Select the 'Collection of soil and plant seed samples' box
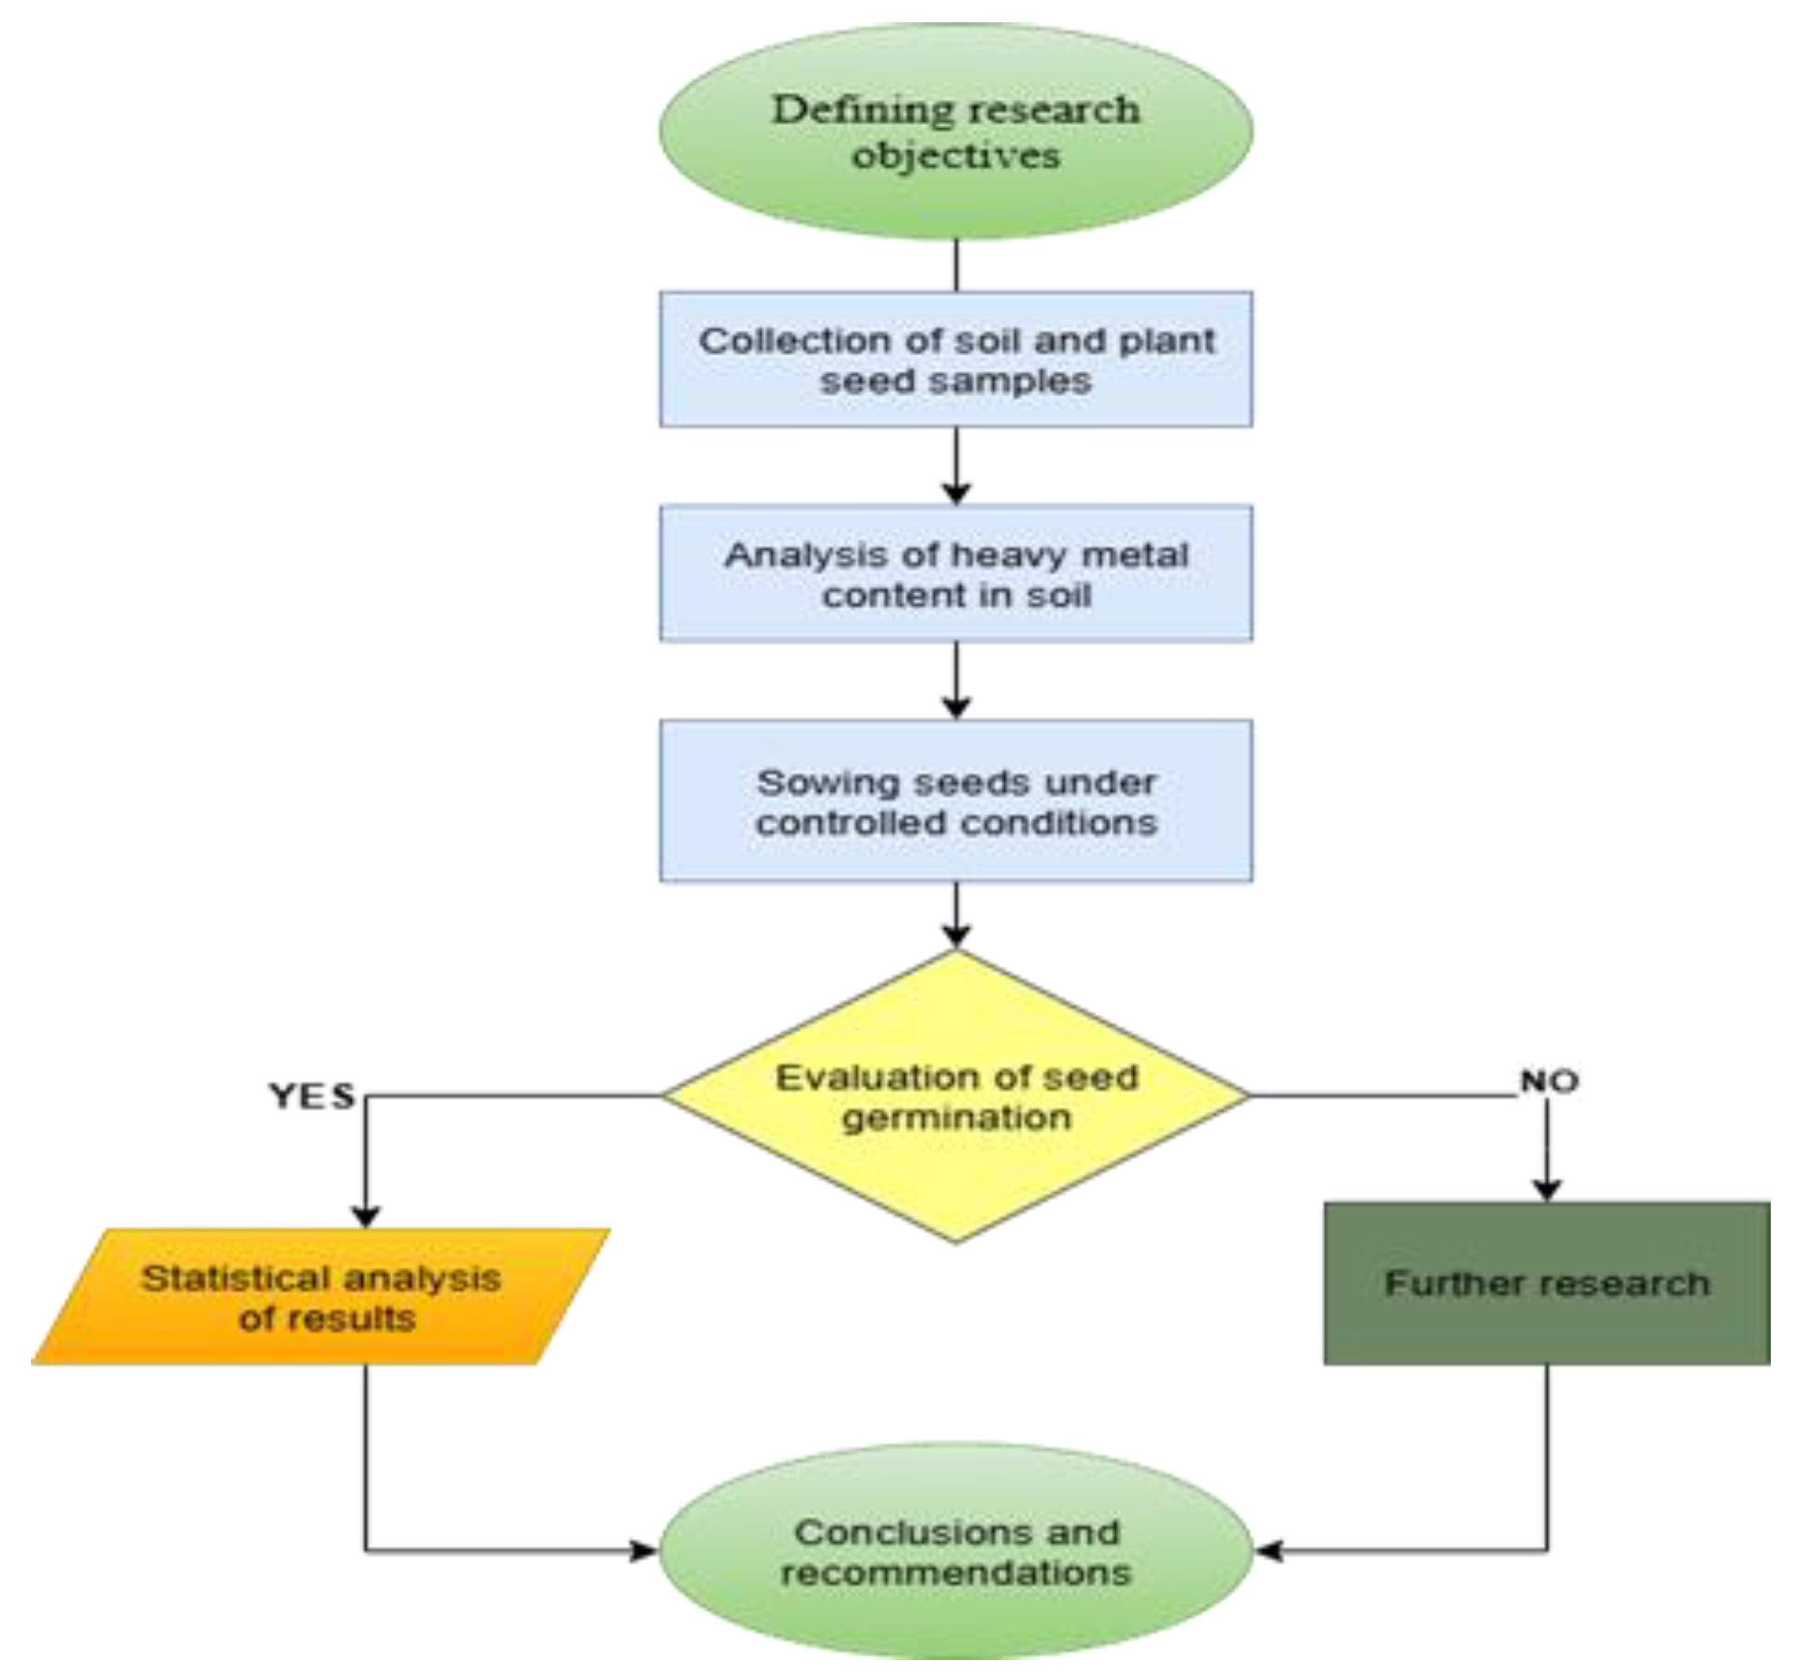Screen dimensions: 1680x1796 tap(956, 359)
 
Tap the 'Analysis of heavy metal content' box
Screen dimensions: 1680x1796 tap(956, 573)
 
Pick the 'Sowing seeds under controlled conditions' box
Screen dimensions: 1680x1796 tap(956, 800)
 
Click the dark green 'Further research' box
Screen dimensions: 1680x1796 tap(1547, 1284)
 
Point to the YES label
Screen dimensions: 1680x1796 tap(312, 1096)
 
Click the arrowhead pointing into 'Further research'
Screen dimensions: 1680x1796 tap(1547, 1190)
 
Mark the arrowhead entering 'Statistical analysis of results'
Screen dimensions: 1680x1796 tap(365, 1216)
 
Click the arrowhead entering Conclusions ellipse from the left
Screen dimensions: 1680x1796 tap(643, 1552)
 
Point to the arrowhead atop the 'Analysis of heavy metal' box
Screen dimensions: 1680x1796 tap(956, 493)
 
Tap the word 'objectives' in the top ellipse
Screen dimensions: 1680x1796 tap(956, 155)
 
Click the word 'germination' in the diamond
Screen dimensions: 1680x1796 tap(956, 1119)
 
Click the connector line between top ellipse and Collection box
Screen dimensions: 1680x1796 tap(956, 265)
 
